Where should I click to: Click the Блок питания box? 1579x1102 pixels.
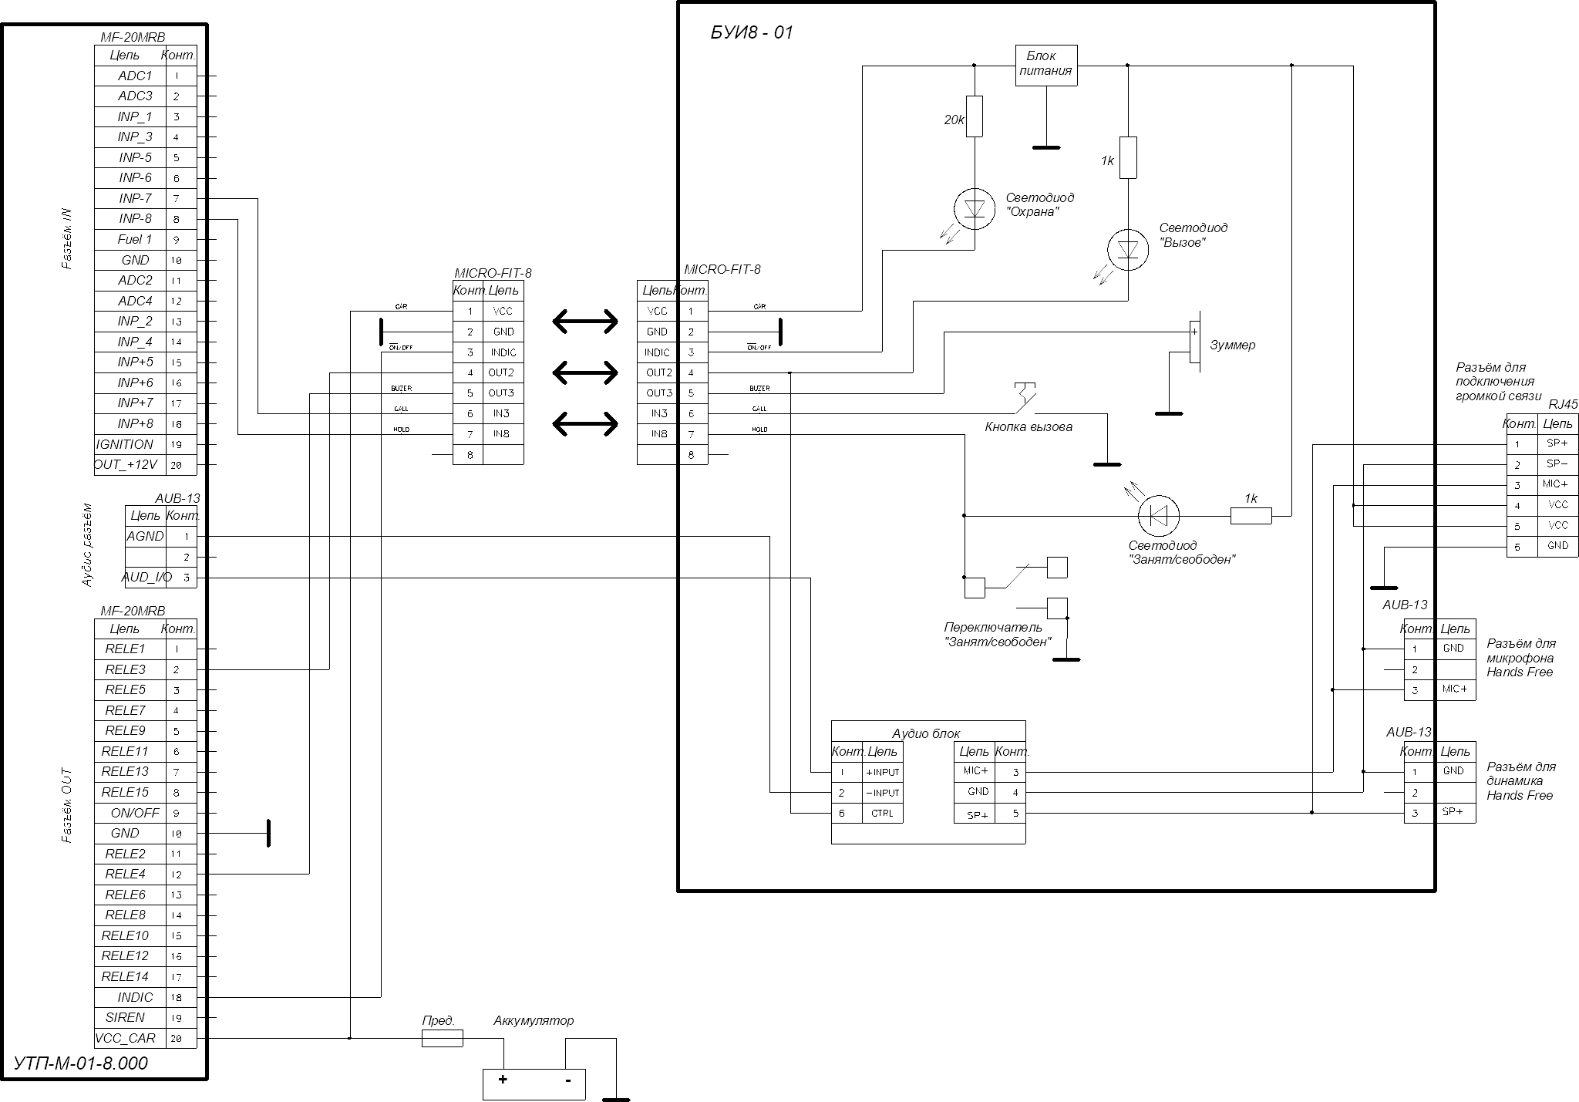point(1045,65)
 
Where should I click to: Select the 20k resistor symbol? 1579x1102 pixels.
point(974,116)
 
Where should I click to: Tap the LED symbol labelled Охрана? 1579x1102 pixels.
point(974,208)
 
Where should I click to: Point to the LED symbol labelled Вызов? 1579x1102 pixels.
point(1127,249)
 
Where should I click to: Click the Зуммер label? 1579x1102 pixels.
point(1232,345)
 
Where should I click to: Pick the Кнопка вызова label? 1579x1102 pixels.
point(1029,427)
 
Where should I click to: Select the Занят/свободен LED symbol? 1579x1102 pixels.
point(1159,515)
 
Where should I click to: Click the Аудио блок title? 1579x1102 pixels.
point(926,734)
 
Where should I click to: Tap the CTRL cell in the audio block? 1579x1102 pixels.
point(882,814)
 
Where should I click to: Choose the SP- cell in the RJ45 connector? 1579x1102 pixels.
point(1557,464)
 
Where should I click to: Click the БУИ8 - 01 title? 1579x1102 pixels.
point(751,32)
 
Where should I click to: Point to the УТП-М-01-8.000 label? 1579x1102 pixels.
point(80,1064)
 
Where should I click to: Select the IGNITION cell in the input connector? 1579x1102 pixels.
point(125,445)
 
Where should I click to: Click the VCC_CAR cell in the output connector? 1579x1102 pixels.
point(125,1039)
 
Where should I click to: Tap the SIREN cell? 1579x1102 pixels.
point(125,1018)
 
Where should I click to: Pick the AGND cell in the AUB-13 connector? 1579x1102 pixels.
point(145,536)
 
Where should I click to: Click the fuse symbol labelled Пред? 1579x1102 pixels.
point(443,1039)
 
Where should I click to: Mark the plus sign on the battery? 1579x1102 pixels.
point(503,1080)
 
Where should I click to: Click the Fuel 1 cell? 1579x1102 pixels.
point(135,240)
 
